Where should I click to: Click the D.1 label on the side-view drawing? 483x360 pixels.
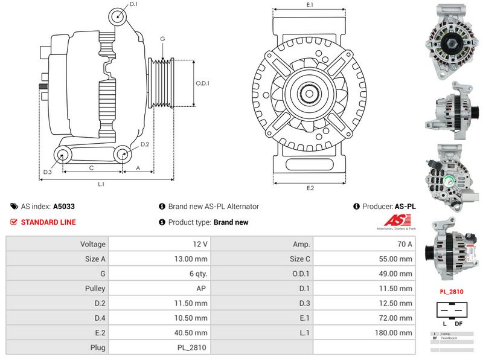click(x=133, y=4)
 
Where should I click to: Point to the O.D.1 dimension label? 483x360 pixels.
click(x=202, y=83)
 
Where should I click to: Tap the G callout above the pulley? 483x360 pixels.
click(x=162, y=39)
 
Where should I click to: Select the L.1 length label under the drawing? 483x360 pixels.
click(x=101, y=184)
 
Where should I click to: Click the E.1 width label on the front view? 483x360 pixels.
click(x=310, y=5)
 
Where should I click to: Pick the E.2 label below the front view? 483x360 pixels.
click(x=310, y=188)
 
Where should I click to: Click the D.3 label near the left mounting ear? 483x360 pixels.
click(x=48, y=173)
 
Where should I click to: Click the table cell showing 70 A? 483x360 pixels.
click(x=405, y=244)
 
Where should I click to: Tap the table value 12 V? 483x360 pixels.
click(x=201, y=244)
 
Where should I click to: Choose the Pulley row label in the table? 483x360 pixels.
click(x=95, y=289)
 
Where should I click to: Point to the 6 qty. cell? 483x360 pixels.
click(x=197, y=274)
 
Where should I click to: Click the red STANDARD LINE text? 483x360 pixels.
click(x=48, y=222)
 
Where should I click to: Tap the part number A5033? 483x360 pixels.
click(x=64, y=206)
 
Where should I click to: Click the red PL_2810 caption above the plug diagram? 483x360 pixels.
click(x=451, y=292)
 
